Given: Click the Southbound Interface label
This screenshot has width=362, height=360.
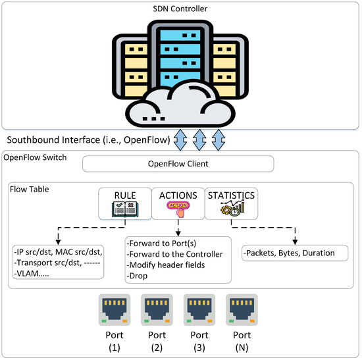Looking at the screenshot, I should pyautogui.click(x=86, y=140).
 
